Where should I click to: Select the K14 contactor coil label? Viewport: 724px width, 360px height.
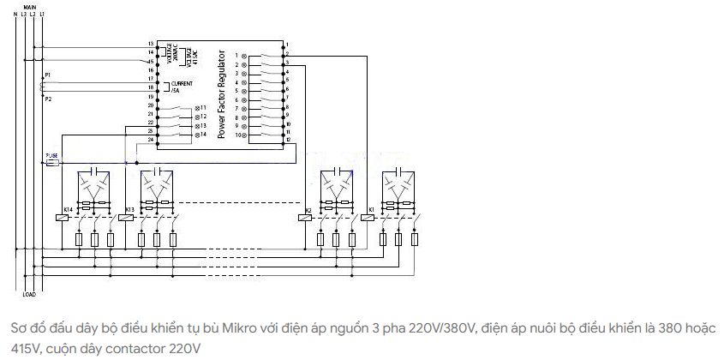[69, 209]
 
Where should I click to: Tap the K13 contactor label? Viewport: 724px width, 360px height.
[129, 209]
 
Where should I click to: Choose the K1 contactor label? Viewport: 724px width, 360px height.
[371, 209]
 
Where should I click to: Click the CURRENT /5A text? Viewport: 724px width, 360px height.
[181, 86]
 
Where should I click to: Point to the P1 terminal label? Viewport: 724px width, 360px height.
[48, 75]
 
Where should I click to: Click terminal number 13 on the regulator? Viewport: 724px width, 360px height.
[151, 44]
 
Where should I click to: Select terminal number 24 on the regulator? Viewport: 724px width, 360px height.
[151, 139]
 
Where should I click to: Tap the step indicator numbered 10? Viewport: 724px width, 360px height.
[240, 135]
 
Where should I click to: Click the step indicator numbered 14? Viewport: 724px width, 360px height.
[204, 135]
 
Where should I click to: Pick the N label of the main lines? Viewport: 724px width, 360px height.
[15, 15]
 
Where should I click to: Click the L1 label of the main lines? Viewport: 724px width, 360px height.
[42, 15]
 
